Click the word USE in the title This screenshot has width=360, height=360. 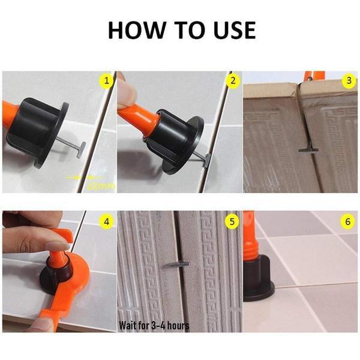pos(230,29)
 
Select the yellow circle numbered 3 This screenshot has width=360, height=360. pos(348,80)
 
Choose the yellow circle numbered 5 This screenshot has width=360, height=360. pos(232,221)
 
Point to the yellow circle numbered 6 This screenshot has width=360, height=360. pos(348,221)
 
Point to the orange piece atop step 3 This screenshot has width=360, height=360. pos(312,75)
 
